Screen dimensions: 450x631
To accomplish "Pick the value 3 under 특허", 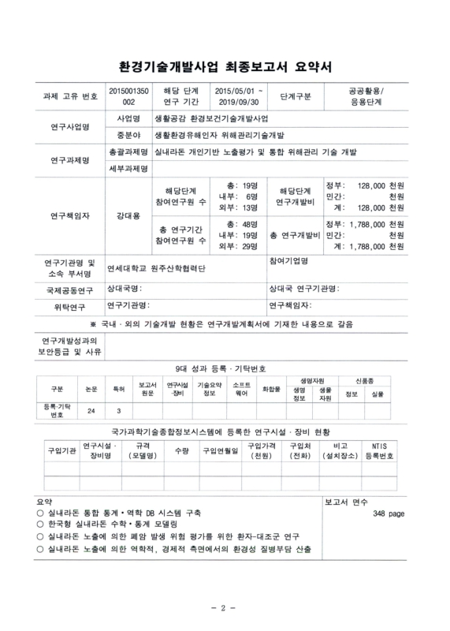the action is point(118,411).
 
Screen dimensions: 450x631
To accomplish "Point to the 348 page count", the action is point(388,513).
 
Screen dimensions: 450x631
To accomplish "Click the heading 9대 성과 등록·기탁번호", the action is point(225,368).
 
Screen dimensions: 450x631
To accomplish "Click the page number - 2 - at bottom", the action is point(224,607).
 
